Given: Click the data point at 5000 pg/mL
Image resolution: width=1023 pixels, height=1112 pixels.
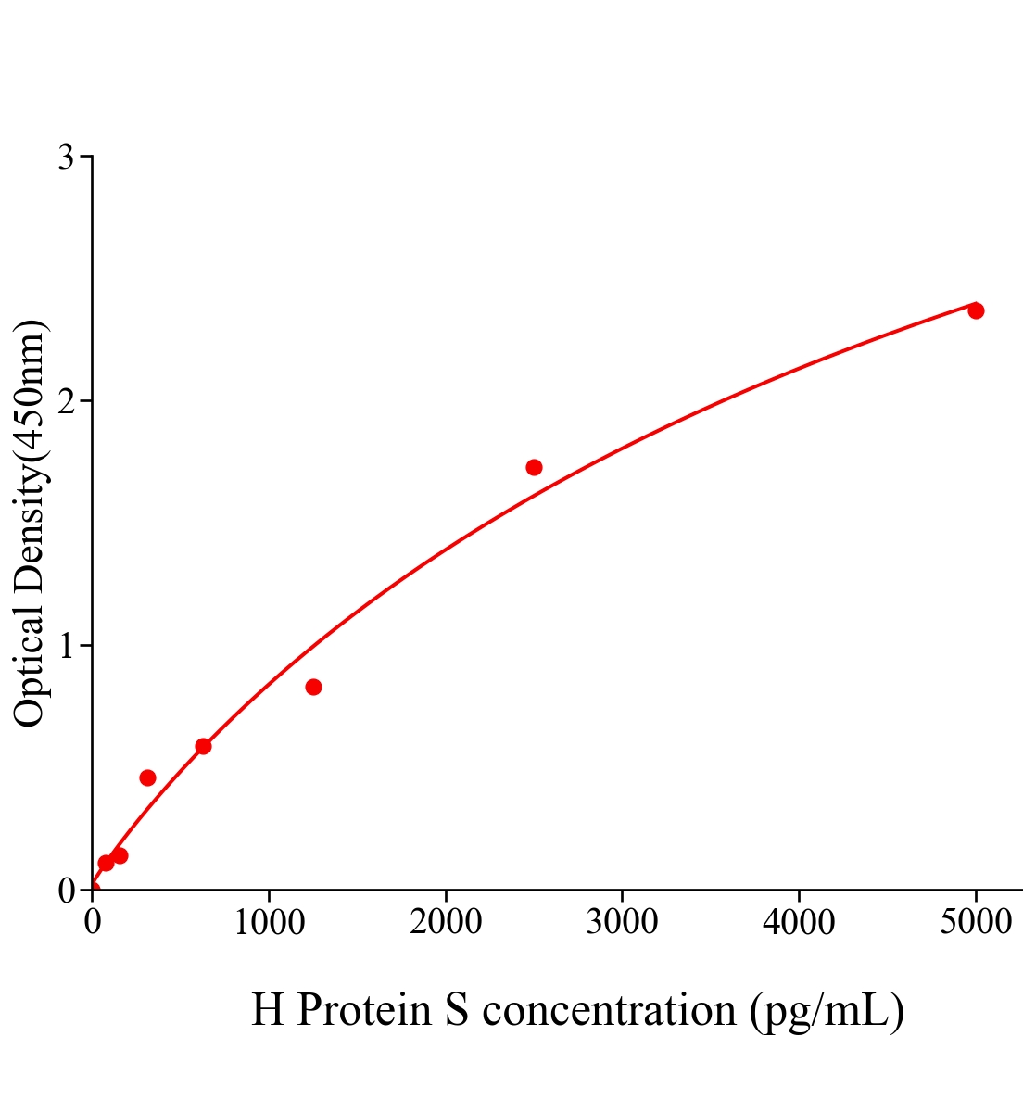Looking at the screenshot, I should [976, 310].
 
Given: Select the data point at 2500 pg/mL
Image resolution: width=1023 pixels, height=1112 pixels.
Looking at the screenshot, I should [534, 467].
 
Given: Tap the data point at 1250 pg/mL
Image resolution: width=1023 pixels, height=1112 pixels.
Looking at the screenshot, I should [313, 687].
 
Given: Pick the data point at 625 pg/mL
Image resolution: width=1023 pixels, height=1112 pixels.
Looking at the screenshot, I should [203, 746].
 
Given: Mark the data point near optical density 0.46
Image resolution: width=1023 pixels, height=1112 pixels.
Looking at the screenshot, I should [147, 777].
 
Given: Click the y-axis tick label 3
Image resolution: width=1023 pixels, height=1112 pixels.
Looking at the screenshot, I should [66, 158].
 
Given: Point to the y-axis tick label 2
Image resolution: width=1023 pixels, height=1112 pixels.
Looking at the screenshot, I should [66, 401].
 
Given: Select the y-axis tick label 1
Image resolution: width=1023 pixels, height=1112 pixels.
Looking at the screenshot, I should [66, 646].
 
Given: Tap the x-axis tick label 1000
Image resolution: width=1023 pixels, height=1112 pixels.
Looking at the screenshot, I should [269, 922].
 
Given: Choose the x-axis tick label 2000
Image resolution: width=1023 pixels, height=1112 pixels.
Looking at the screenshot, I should [446, 922].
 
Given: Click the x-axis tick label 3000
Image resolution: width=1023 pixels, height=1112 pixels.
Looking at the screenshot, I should [622, 922].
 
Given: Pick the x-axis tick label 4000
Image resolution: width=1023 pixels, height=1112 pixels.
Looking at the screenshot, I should [799, 922].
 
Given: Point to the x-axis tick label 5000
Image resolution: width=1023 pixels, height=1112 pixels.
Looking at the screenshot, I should [975, 922].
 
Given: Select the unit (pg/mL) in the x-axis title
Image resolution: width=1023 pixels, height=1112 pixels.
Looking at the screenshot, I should [827, 1011].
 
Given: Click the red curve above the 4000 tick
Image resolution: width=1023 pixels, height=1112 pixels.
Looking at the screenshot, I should [799, 372].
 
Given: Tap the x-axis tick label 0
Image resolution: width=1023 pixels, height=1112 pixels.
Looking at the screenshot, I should [93, 922].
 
